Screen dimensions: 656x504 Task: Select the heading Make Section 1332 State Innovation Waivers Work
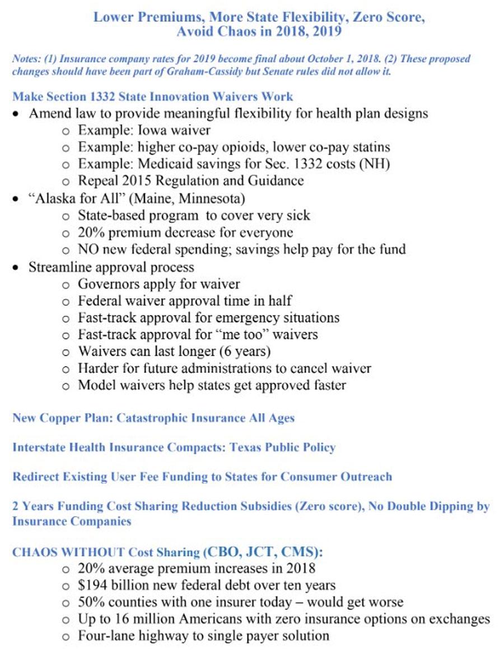153,96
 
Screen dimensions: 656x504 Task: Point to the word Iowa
141,131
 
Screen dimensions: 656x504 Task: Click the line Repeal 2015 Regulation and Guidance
190,181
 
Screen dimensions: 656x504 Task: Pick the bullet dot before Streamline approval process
17,268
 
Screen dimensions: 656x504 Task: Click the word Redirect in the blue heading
37,477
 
